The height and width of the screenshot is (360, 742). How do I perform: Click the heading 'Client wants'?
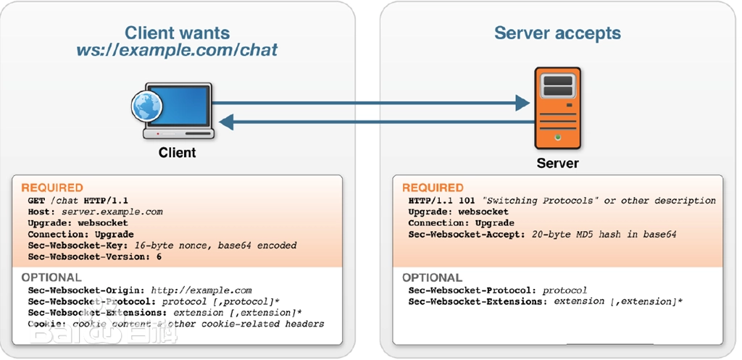point(177,33)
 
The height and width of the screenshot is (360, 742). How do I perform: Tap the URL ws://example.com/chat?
point(177,51)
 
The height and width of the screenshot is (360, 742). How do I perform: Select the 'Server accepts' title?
point(557,33)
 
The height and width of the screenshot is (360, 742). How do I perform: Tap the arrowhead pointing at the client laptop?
point(228,122)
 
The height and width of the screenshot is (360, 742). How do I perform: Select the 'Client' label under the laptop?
point(177,152)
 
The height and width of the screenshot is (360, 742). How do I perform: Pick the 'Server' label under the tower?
point(557,163)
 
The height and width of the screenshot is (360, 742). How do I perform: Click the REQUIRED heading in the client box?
point(52,188)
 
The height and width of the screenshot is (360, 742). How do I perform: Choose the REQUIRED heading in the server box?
point(433,188)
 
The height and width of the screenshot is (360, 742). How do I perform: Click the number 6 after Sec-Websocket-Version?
point(158,256)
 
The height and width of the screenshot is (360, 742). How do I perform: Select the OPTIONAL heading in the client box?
point(51,277)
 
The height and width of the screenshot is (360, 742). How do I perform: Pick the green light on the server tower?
point(556,136)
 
